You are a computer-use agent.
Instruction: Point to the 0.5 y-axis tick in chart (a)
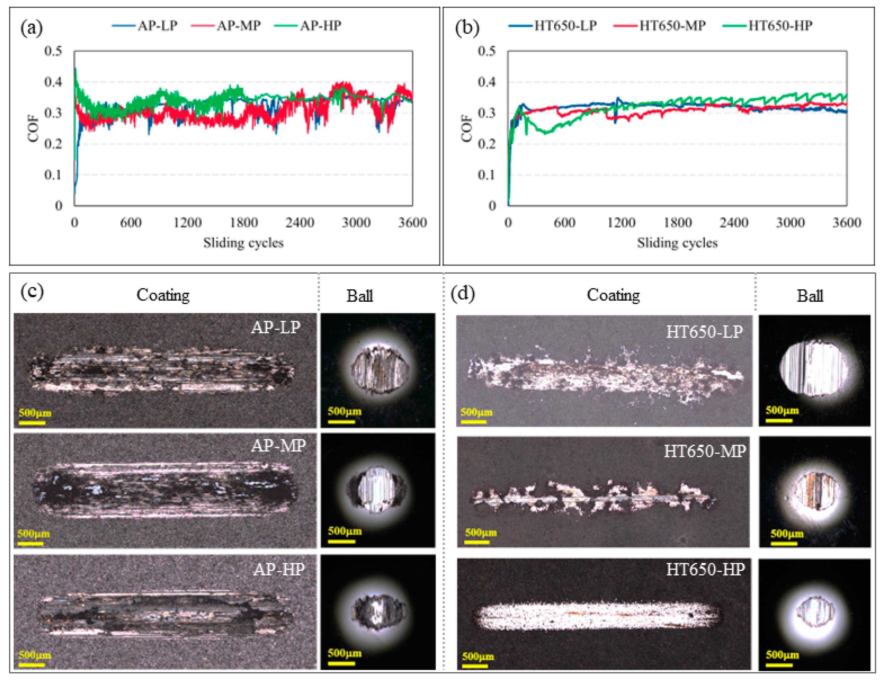(x=53, y=51)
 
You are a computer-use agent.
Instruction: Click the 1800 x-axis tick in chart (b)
(x=678, y=222)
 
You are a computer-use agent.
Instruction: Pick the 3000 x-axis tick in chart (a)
(x=356, y=222)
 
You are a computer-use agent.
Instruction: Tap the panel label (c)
(x=32, y=291)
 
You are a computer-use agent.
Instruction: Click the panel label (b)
(x=467, y=28)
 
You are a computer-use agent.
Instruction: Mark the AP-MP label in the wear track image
(x=278, y=445)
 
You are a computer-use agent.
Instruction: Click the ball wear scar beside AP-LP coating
(x=379, y=368)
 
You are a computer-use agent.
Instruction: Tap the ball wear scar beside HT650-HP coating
(x=815, y=613)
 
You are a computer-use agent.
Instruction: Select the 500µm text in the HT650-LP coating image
(x=476, y=412)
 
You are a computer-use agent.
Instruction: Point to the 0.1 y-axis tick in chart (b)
(x=487, y=175)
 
